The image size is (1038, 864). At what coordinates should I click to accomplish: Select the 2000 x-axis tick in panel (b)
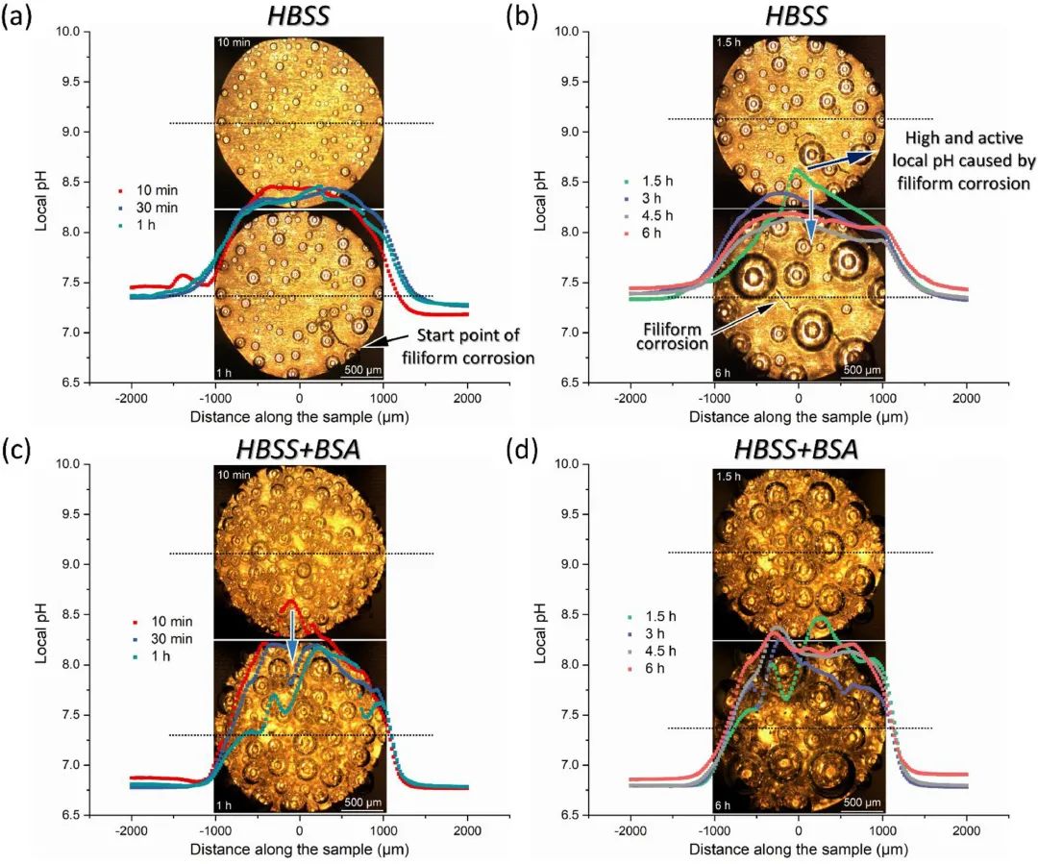click(x=966, y=399)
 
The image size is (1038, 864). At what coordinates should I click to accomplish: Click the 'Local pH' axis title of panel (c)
click(x=28, y=639)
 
